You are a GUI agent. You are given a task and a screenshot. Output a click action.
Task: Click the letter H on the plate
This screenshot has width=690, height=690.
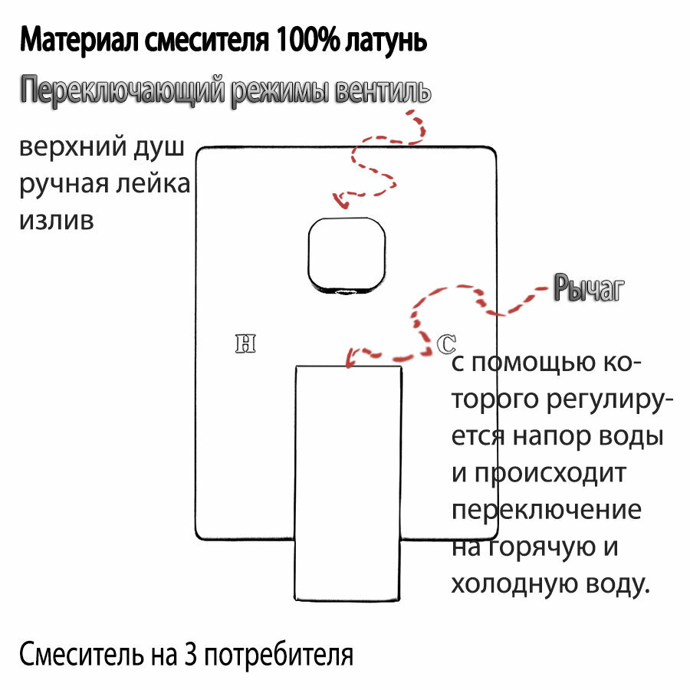point(245,343)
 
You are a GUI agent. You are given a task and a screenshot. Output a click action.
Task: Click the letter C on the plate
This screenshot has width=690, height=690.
point(445,344)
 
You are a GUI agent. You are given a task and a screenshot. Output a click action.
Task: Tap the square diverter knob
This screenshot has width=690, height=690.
point(346,255)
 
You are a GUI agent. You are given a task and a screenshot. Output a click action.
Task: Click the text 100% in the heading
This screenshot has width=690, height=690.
point(300,40)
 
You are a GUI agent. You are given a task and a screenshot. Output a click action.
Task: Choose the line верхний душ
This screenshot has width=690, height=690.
point(102,148)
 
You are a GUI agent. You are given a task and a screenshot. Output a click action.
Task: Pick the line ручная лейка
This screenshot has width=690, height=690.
point(104,185)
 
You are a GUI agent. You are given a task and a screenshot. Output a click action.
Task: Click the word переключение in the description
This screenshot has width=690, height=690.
point(547,511)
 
